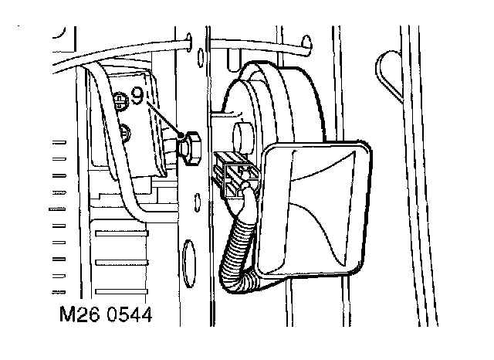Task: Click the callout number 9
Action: (137, 97)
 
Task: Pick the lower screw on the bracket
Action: (126, 131)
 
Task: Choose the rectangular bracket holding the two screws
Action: (127, 124)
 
